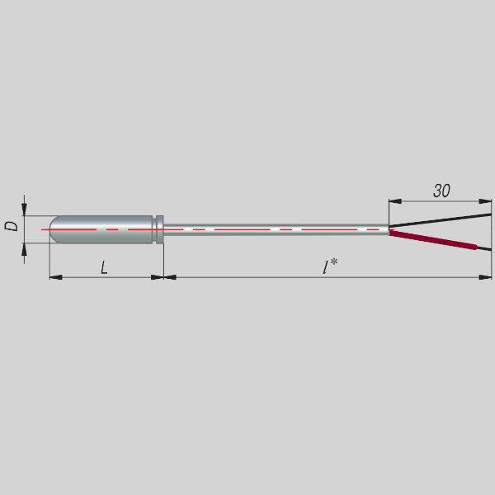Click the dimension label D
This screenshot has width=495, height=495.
[x=12, y=226]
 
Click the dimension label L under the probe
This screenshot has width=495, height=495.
[x=105, y=267]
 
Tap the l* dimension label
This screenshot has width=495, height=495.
[x=330, y=266]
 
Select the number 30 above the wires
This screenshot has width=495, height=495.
[x=441, y=191]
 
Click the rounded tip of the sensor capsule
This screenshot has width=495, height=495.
[x=53, y=229]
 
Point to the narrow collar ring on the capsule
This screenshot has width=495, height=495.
[x=160, y=229]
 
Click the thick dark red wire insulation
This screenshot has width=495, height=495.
[x=433, y=239]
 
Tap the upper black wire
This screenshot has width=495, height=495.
[x=440, y=220]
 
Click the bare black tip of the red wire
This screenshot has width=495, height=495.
[x=484, y=248]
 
